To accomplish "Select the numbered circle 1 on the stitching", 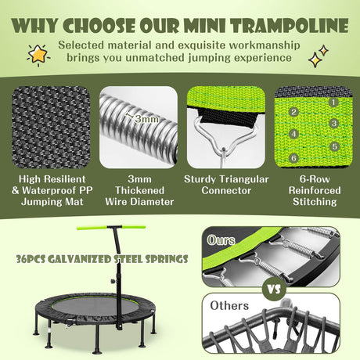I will tap(332, 101).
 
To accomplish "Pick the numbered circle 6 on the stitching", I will tap(294, 157).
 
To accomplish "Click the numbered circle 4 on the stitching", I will tap(294, 135).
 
